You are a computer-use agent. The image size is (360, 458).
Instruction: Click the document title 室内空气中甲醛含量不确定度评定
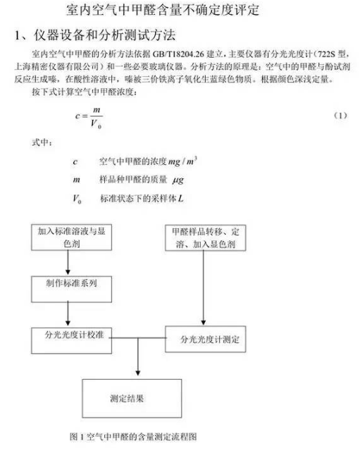[x=162, y=9]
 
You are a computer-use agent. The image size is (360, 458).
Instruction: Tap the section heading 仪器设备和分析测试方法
[x=105, y=35]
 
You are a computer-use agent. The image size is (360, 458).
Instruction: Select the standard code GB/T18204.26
[x=178, y=54]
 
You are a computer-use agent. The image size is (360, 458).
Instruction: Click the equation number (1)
[x=340, y=116]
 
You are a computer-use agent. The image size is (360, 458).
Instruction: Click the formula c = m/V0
[x=89, y=118]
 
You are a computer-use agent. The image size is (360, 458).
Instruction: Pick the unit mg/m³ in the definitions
[x=182, y=161]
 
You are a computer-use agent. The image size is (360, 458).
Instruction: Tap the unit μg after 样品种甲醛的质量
[x=178, y=180]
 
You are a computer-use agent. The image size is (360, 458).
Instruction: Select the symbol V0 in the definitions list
[x=77, y=199]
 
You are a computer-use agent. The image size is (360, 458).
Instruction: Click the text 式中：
[x=42, y=142]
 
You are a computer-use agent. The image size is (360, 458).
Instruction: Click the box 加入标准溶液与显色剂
[x=72, y=237]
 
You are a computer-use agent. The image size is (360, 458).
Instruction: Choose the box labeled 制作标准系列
[x=72, y=289]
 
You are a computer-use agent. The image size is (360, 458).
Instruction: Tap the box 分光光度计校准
[x=72, y=340]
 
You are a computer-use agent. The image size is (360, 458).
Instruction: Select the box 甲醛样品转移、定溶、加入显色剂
[x=206, y=237]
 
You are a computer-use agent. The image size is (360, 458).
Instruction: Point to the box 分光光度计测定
[x=206, y=339]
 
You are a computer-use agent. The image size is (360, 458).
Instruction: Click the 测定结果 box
[x=132, y=398]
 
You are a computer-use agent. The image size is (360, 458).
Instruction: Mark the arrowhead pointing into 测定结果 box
[x=138, y=373]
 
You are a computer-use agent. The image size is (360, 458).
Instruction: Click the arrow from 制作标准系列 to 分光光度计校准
[x=68, y=314]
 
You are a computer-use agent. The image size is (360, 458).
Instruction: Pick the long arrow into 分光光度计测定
[x=203, y=287]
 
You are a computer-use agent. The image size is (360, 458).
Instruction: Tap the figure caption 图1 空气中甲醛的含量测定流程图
[x=133, y=437]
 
